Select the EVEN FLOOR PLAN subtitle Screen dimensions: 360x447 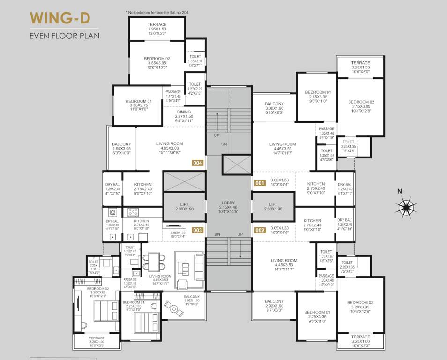(x=64, y=36)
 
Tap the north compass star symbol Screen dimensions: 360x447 (x=406, y=206)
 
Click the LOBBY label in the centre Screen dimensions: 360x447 (x=229, y=207)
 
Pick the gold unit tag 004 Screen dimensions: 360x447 (x=198, y=163)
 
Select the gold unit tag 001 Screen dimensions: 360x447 (x=260, y=183)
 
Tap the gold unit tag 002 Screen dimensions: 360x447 (x=260, y=230)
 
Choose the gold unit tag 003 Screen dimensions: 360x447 (x=198, y=230)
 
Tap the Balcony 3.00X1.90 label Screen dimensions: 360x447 (x=274, y=108)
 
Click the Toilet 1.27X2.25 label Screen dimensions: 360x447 (x=195, y=89)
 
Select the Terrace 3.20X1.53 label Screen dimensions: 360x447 (x=361, y=67)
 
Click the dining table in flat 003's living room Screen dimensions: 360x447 (x=154, y=262)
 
